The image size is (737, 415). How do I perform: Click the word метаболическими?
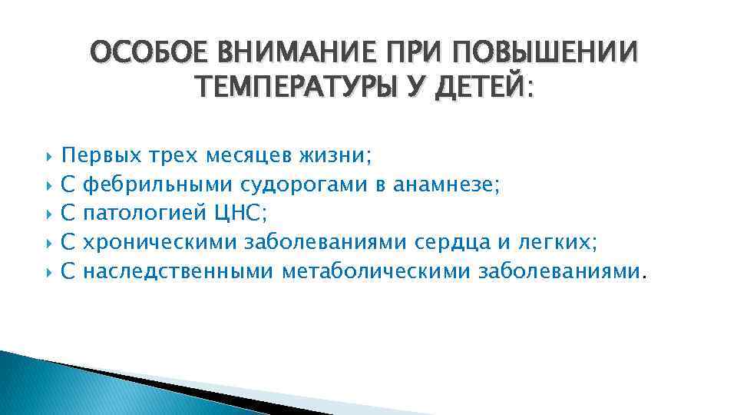[376, 271]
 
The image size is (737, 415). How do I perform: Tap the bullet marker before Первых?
[49, 158]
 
